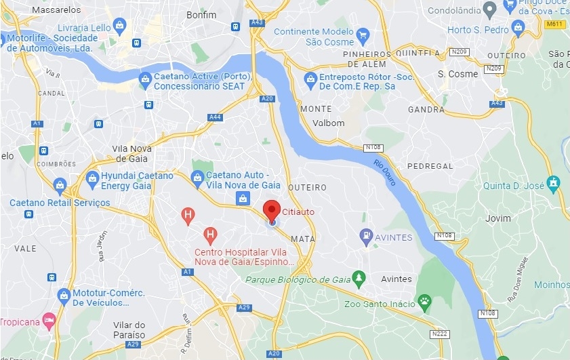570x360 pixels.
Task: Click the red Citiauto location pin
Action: click(x=271, y=210)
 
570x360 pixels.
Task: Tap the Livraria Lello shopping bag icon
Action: click(x=120, y=26)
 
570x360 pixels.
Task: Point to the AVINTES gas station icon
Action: click(x=366, y=237)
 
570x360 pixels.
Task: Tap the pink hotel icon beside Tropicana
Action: click(x=48, y=319)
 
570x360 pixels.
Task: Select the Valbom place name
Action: click(x=329, y=123)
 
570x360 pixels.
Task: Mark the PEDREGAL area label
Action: click(x=430, y=166)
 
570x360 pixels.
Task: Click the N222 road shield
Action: click(x=439, y=334)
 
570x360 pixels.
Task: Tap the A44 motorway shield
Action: click(x=215, y=117)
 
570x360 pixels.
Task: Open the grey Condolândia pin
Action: click(x=489, y=8)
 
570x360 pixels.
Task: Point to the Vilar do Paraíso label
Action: click(x=129, y=329)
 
